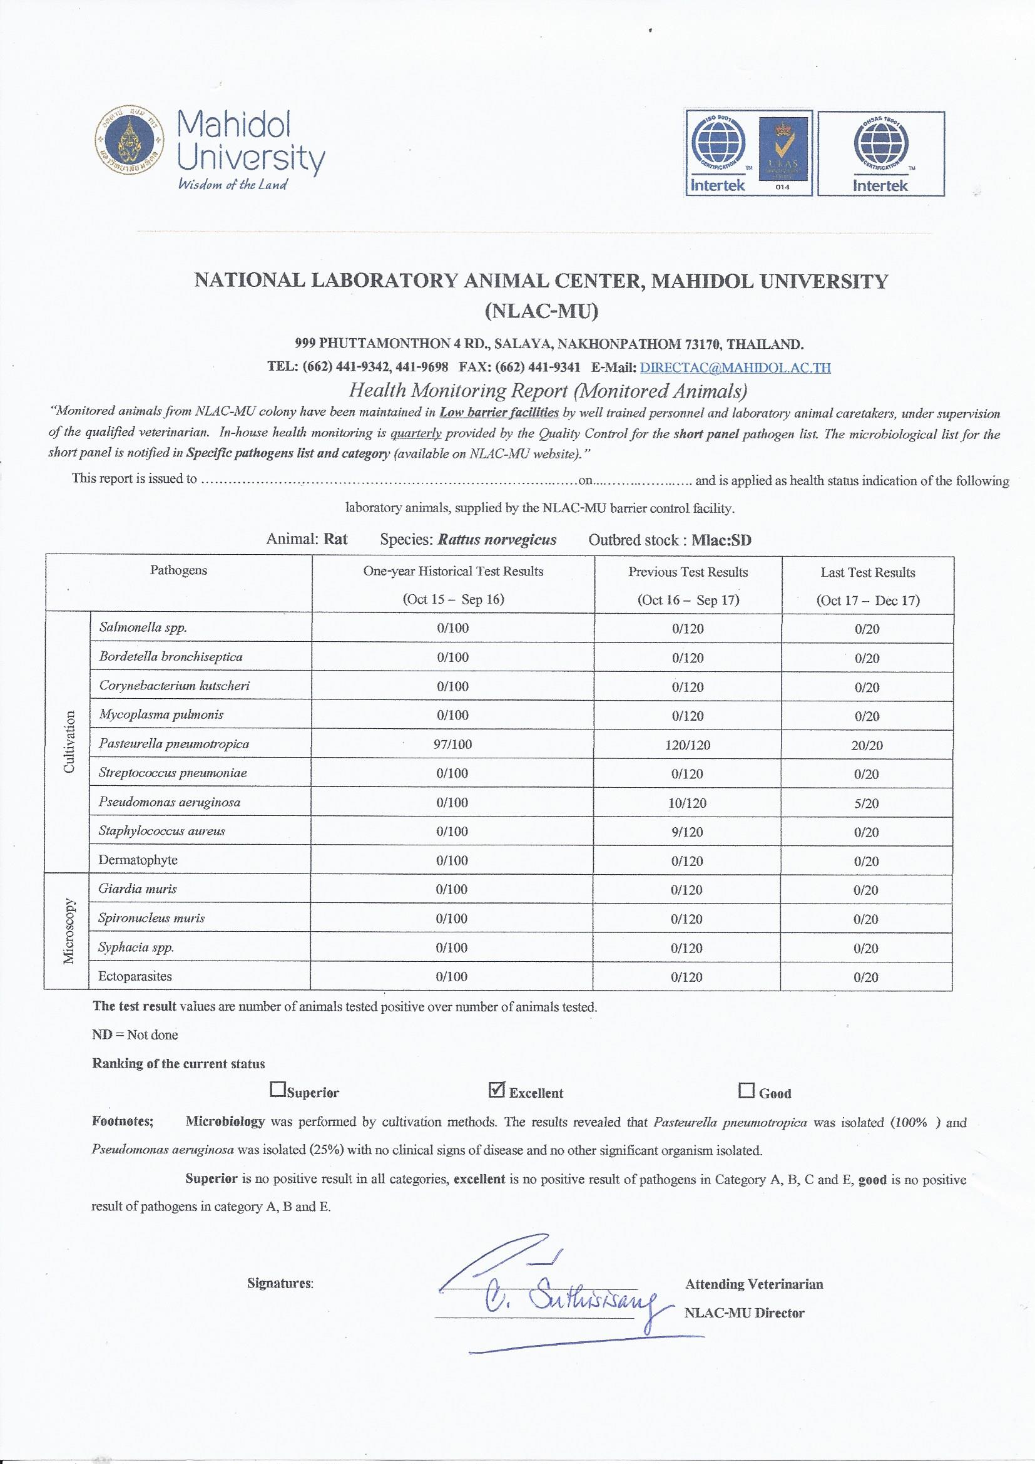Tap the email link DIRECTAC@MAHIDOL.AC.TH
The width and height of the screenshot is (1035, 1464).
[735, 368]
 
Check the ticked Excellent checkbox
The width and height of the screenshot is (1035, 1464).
[496, 1090]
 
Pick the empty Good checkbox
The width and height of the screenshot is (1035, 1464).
[747, 1090]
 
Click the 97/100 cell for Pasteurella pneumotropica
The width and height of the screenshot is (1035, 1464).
[453, 744]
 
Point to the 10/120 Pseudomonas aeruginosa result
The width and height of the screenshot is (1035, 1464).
[688, 803]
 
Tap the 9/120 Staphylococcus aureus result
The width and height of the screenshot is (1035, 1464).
[688, 832]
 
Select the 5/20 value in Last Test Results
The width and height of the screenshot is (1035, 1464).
[867, 803]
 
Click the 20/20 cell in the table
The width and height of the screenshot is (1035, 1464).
[867, 745]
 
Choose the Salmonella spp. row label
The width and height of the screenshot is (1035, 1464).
[143, 627]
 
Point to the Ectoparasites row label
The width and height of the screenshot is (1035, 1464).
[135, 976]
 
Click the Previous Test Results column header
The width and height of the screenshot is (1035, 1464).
[688, 572]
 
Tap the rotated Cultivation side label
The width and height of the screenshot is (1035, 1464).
[69, 742]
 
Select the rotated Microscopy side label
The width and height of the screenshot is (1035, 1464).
[69, 932]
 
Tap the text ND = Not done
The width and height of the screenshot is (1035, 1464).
[135, 1035]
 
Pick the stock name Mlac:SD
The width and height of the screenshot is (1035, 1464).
[721, 540]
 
